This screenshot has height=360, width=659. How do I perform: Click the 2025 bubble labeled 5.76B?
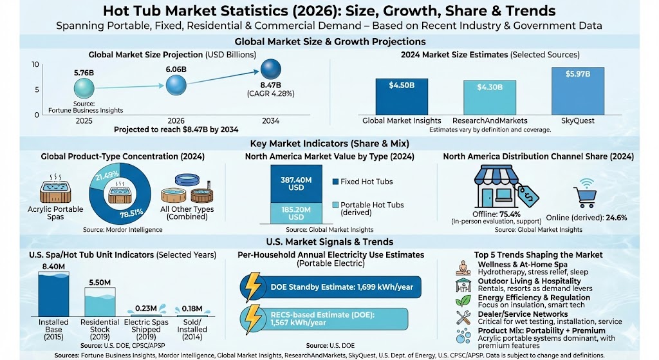83,88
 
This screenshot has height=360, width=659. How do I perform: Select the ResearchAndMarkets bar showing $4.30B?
490,97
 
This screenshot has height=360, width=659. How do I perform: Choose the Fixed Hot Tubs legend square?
335,182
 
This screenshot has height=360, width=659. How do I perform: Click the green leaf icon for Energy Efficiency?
461,301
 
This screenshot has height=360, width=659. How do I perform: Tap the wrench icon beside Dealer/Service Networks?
461,317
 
